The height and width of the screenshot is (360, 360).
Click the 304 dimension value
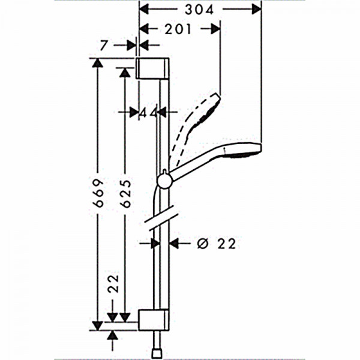tap(199, 10)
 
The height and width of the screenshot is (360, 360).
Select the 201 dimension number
tap(178, 29)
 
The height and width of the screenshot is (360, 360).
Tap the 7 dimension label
tap(104, 45)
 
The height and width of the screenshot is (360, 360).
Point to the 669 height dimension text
tap(99, 193)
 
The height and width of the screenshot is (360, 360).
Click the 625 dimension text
tap(127, 194)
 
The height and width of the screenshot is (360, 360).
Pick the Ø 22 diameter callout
tap(217, 244)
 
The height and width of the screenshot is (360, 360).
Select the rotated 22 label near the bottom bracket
tap(113, 283)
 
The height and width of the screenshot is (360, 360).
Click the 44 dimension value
tap(149, 113)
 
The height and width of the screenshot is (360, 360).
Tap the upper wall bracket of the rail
tap(152, 68)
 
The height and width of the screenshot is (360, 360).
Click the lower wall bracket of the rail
tap(154, 320)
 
